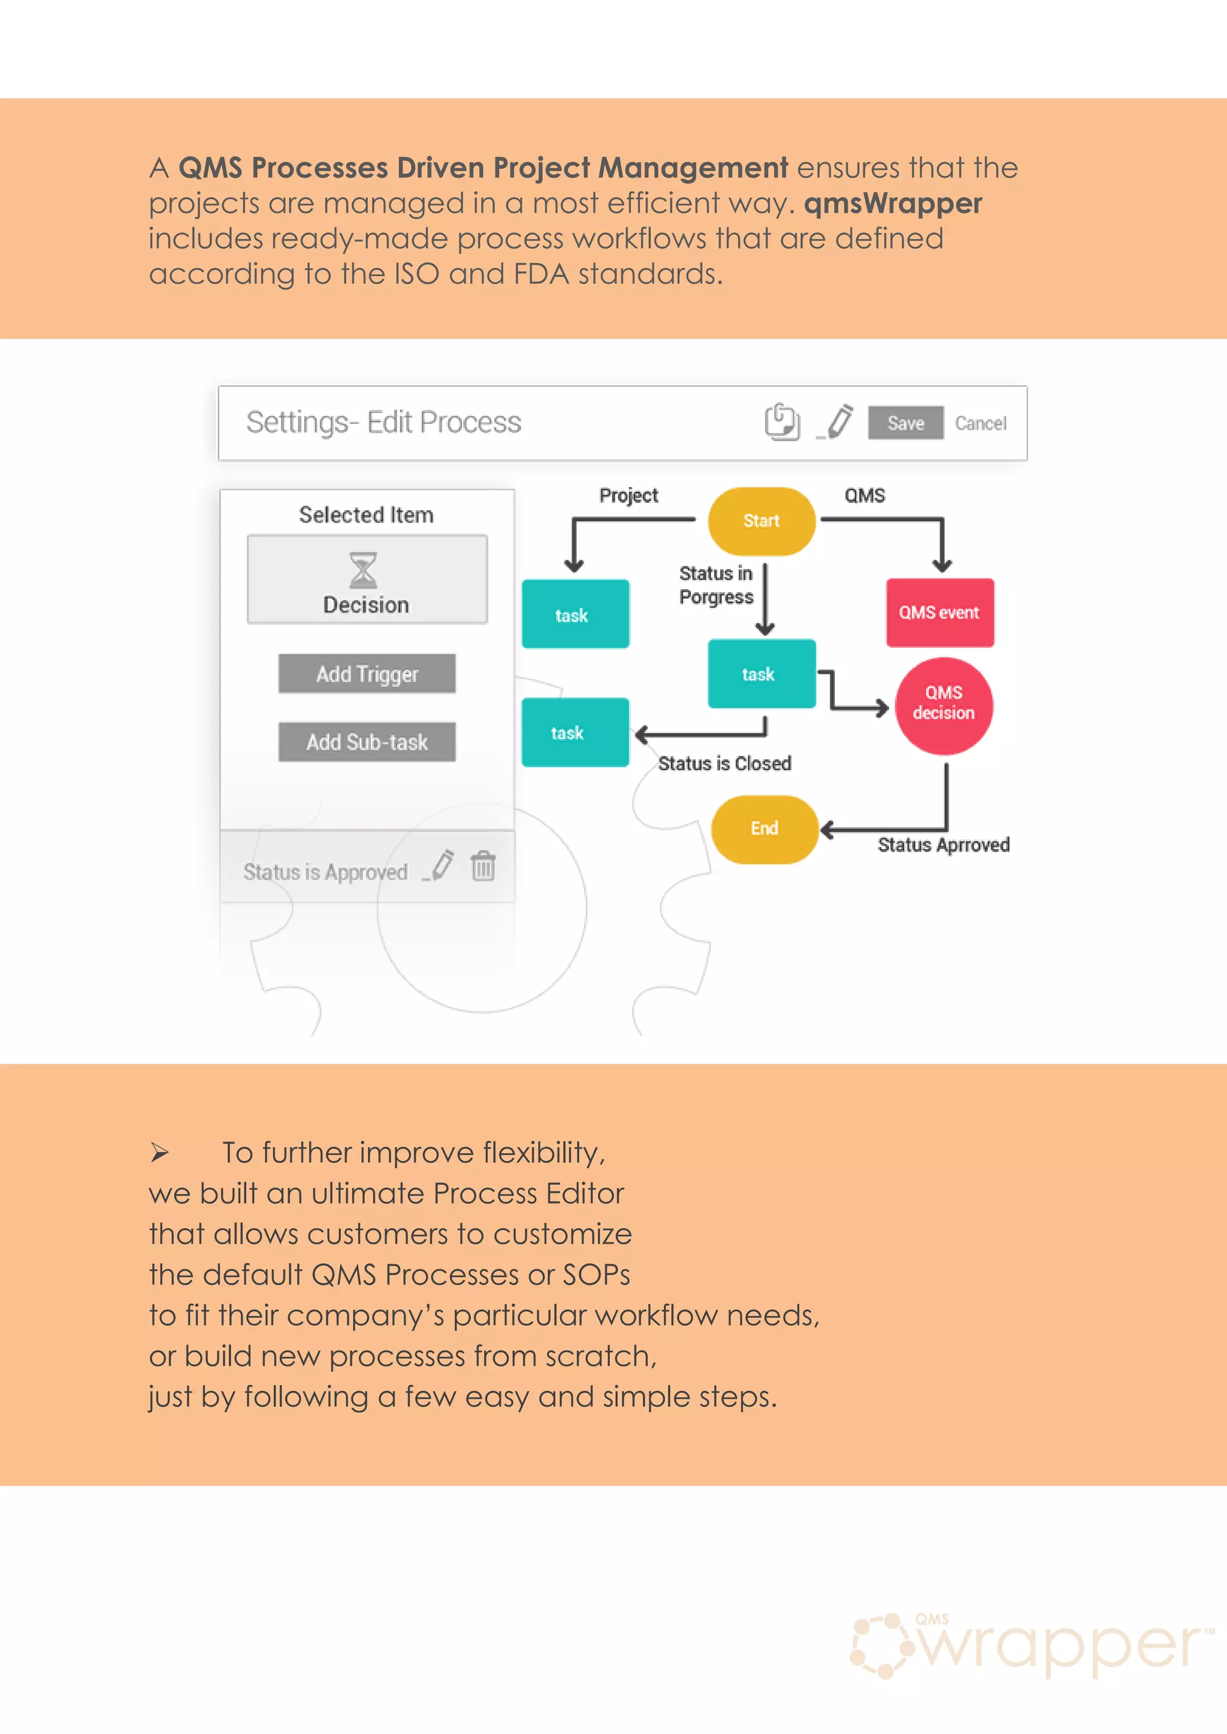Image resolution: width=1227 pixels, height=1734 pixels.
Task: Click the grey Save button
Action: [x=905, y=423]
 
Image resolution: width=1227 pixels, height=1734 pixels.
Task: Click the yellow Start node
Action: [x=761, y=521]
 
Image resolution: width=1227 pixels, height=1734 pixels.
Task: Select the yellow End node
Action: [x=764, y=829]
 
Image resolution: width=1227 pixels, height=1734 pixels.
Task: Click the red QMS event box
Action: [x=939, y=613]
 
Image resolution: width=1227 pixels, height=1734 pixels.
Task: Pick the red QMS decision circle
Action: [x=943, y=705]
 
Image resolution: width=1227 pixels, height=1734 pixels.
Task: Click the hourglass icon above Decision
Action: [x=362, y=570]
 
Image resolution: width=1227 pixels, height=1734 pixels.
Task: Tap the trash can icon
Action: [x=483, y=866]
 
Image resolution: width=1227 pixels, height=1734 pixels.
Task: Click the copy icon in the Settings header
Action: [x=782, y=422]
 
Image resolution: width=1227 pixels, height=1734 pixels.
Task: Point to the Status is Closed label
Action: [x=724, y=763]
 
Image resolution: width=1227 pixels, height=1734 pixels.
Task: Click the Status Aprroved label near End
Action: [x=943, y=845]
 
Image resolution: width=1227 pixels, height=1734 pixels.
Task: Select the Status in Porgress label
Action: [x=715, y=586]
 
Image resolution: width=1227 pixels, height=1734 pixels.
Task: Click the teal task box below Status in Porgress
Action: [x=761, y=674]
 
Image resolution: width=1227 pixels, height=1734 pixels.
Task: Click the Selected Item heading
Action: [x=365, y=515]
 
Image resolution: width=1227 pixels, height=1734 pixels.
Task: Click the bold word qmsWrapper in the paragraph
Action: [x=892, y=203]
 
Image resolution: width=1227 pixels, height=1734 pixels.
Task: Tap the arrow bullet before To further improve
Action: [x=159, y=1153]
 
